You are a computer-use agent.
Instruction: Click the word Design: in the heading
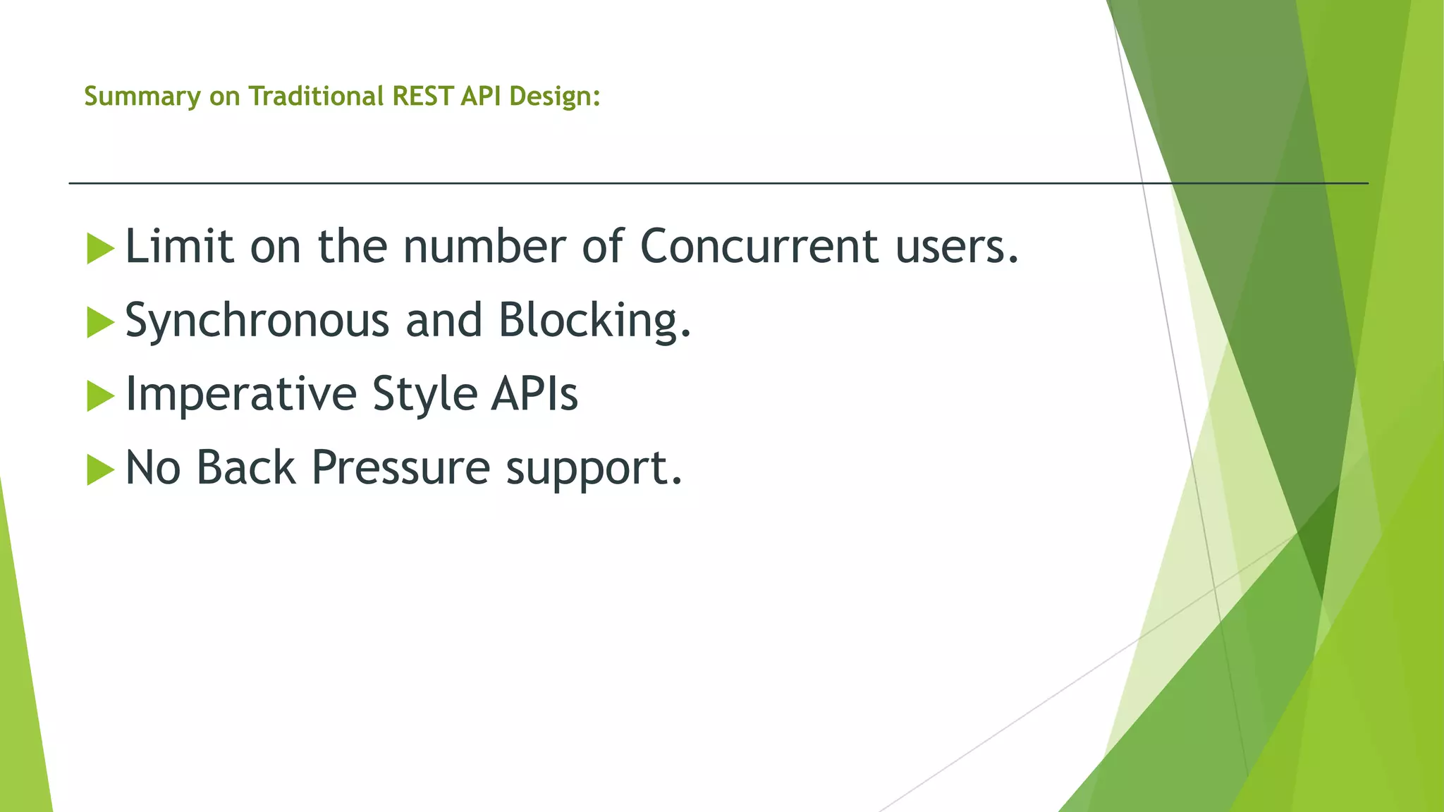554,96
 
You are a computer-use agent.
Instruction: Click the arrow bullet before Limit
100,249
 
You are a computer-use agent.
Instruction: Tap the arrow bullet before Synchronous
100,323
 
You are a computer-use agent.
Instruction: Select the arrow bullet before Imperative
100,396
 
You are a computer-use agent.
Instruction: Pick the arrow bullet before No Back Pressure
100,470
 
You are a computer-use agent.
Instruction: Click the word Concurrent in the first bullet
759,247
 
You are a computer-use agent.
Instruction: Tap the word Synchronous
257,321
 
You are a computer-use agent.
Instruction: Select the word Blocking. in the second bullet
594,321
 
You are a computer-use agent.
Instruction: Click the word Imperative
240,395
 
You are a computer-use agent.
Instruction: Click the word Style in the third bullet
424,395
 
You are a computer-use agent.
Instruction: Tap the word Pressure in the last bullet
400,468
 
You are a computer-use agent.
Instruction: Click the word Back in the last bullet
245,468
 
